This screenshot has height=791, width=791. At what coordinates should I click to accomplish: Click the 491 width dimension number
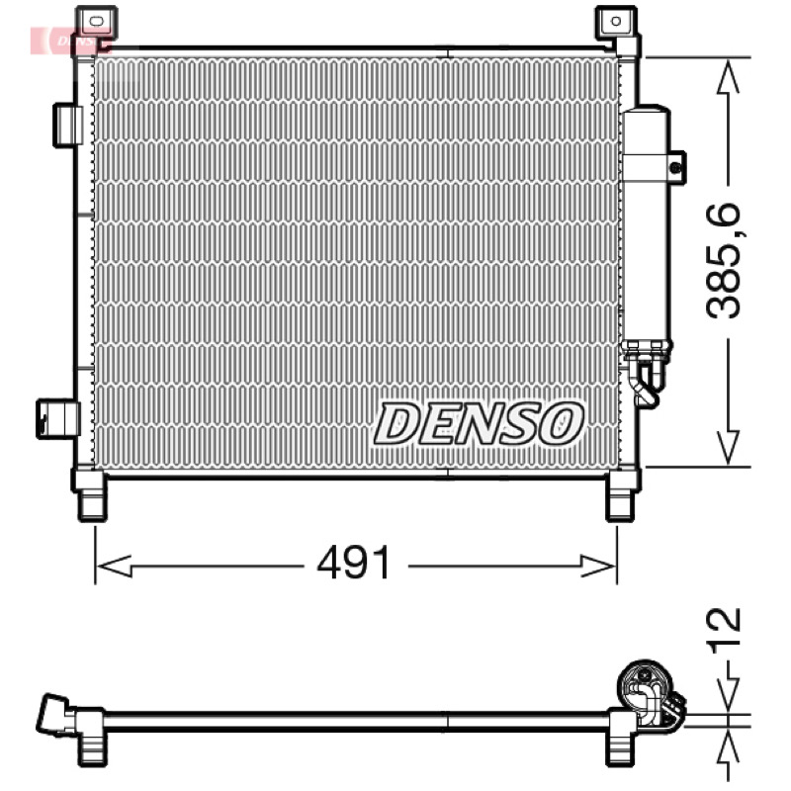[354, 563]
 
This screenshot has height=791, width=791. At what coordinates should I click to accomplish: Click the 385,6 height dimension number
[723, 260]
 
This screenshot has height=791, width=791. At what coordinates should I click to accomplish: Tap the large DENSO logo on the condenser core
[479, 423]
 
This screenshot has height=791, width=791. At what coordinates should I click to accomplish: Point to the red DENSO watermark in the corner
[68, 41]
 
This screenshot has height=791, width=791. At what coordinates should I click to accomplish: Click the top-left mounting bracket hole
[96, 21]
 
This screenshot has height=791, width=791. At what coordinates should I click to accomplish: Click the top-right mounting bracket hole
[615, 21]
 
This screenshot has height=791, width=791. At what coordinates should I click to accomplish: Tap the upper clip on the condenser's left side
[67, 126]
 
